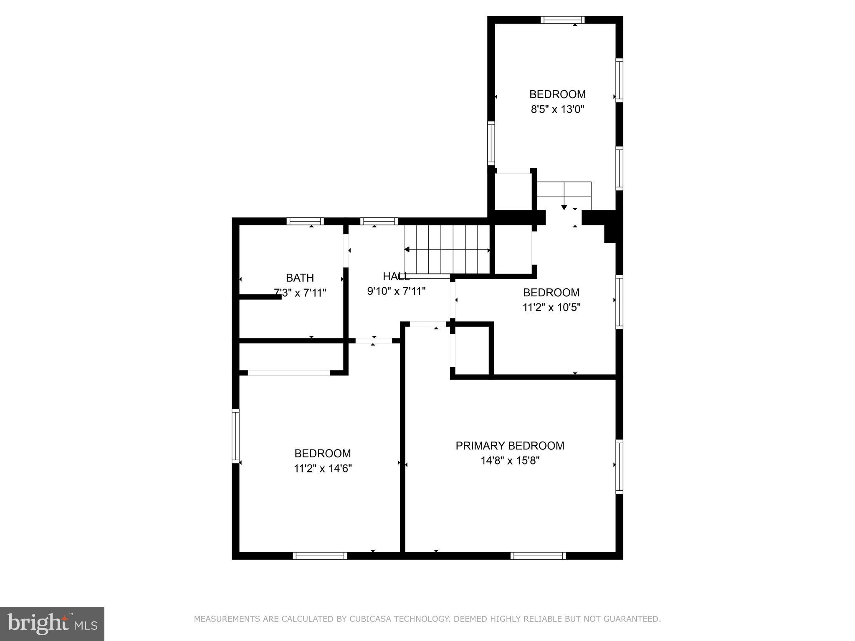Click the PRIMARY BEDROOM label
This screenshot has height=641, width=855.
[x=510, y=446]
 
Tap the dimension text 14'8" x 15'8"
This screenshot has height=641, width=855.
[x=510, y=461]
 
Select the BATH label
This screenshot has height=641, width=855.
[x=300, y=278]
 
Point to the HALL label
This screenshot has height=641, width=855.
[x=396, y=276]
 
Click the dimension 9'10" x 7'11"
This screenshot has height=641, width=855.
[x=396, y=291]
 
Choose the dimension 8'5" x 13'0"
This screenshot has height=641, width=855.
[x=557, y=109]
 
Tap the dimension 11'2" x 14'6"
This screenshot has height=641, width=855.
[x=323, y=469]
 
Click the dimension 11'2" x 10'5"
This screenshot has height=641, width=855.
[x=551, y=308]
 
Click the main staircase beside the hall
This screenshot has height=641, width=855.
[x=447, y=249]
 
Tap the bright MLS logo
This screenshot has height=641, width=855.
[x=52, y=624]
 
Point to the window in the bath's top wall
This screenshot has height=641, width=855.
[x=305, y=221]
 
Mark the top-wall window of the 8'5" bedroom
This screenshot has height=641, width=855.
[x=562, y=20]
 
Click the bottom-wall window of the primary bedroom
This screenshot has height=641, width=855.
[x=538, y=556]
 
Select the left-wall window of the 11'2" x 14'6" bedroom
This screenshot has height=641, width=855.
[x=235, y=436]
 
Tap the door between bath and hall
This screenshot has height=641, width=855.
[x=346, y=250]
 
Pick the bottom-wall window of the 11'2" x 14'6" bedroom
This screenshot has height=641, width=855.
[x=320, y=556]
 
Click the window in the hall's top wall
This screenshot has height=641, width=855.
[x=379, y=221]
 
